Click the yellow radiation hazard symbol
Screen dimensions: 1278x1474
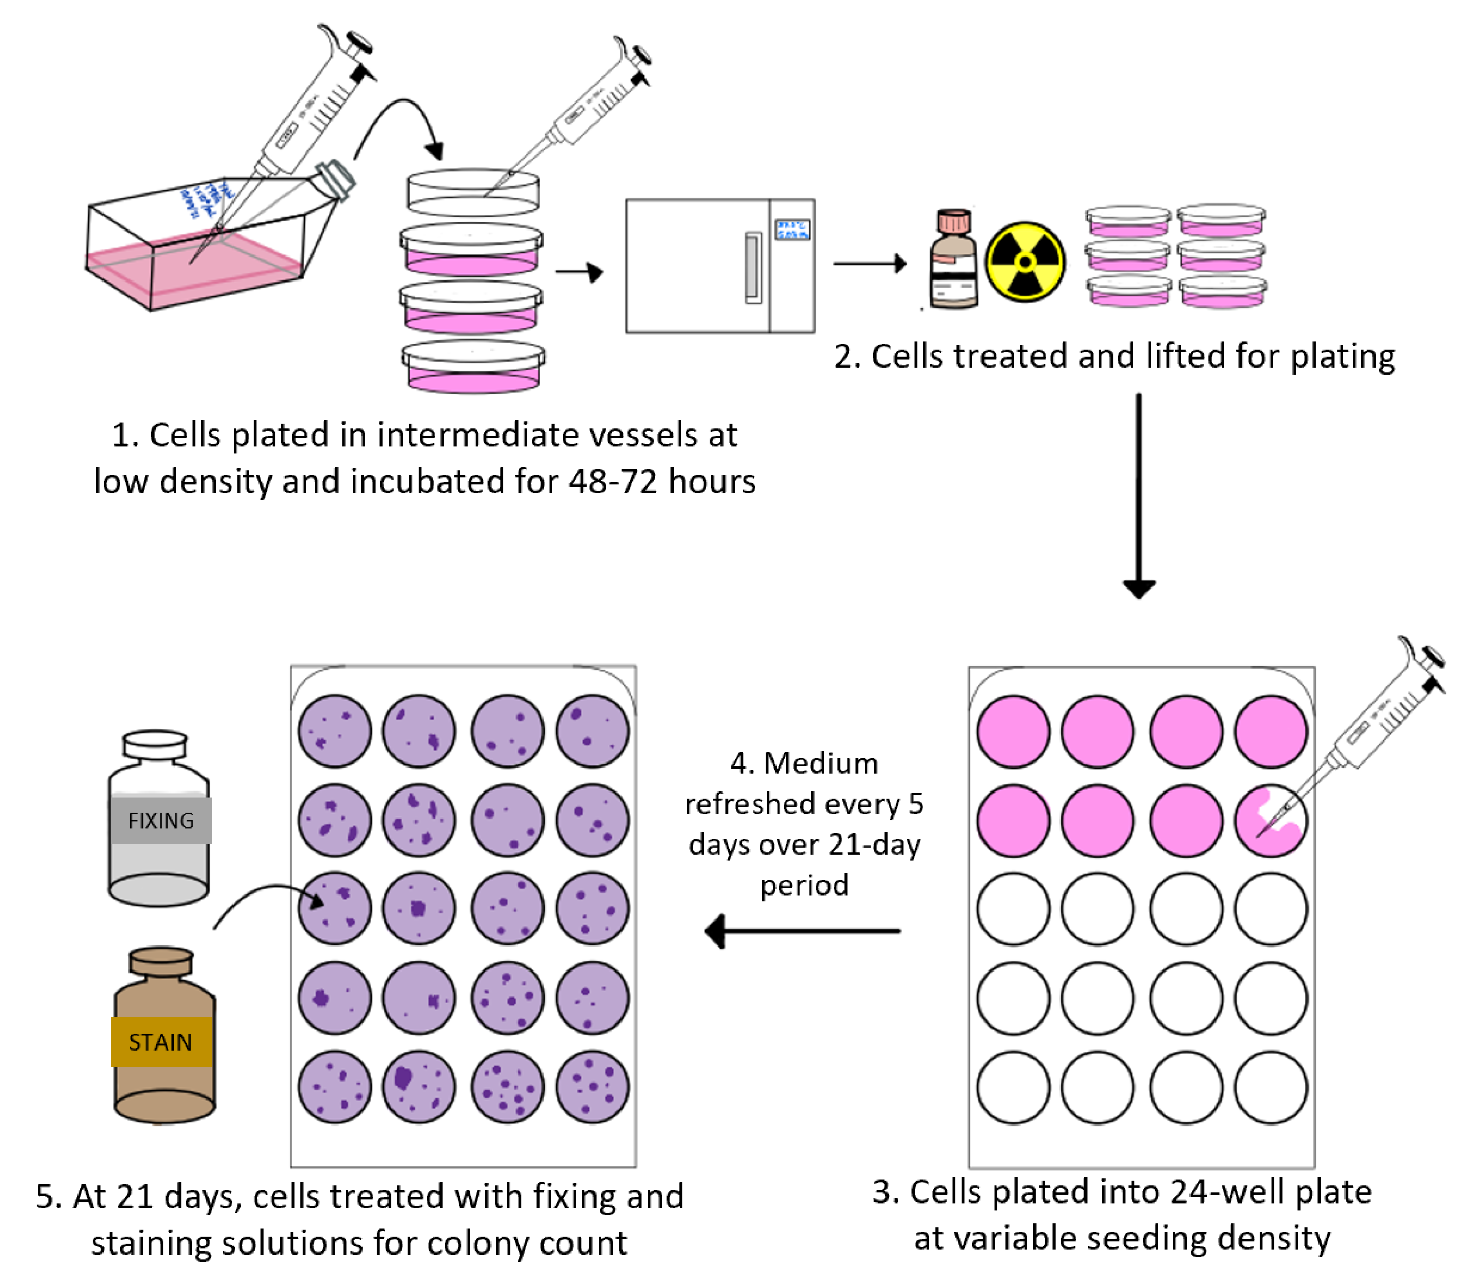[x=1025, y=262]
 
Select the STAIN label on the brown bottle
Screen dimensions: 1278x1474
[x=161, y=1042]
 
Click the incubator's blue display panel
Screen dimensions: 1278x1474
[x=792, y=229]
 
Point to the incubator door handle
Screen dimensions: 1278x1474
[x=753, y=267]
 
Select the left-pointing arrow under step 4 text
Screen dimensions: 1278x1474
[x=802, y=931]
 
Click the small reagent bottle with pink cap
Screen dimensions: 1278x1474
[x=953, y=260]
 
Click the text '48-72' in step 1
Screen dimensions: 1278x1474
[x=612, y=481]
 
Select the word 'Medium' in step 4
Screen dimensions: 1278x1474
[x=821, y=763]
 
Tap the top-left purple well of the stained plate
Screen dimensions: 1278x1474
[x=334, y=731]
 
